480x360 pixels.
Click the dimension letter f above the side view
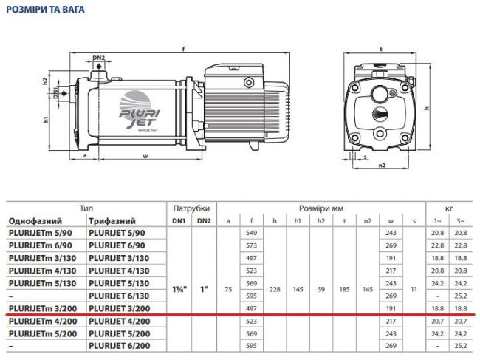[x=182, y=49]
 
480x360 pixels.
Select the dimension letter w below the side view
[x=145, y=156]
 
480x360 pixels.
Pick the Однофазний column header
[x=35, y=221]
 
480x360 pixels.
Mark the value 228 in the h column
[x=275, y=290]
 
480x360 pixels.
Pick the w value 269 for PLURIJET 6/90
[x=391, y=246]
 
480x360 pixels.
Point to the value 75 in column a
[x=228, y=290]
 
